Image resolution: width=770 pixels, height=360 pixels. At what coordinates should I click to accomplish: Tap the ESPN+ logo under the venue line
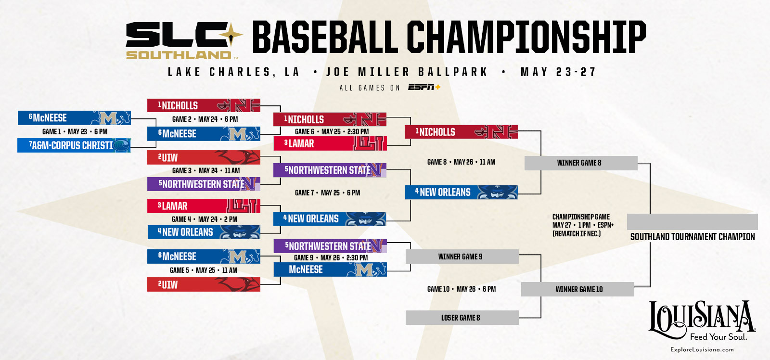click(424, 87)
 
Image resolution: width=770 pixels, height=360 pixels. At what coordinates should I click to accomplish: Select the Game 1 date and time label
click(75, 131)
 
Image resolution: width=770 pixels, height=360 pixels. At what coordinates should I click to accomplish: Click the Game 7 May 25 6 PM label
click(327, 193)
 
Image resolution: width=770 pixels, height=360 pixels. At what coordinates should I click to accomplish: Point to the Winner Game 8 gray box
click(580, 163)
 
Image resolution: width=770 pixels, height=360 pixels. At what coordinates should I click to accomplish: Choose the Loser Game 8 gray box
click(462, 318)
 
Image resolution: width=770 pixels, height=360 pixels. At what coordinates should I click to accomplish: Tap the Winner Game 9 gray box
click(462, 257)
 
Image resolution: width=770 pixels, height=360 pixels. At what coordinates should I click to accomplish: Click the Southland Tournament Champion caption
click(692, 237)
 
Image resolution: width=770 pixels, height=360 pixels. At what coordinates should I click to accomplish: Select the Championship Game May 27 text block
click(582, 225)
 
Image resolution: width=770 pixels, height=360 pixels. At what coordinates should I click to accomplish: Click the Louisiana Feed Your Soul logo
click(702, 320)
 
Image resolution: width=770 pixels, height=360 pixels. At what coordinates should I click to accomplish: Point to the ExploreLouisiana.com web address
click(702, 349)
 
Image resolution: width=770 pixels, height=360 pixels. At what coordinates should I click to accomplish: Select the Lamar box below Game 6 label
click(330, 143)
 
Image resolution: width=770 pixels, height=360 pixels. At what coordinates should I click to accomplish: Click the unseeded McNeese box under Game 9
click(330, 270)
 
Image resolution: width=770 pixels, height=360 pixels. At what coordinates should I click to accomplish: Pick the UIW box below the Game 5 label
click(204, 284)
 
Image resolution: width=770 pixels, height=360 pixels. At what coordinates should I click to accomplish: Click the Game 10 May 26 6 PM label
click(461, 289)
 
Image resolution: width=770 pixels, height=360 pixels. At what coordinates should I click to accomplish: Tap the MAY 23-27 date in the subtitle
click(558, 72)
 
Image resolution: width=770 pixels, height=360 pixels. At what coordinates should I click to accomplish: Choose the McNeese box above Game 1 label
click(74, 118)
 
